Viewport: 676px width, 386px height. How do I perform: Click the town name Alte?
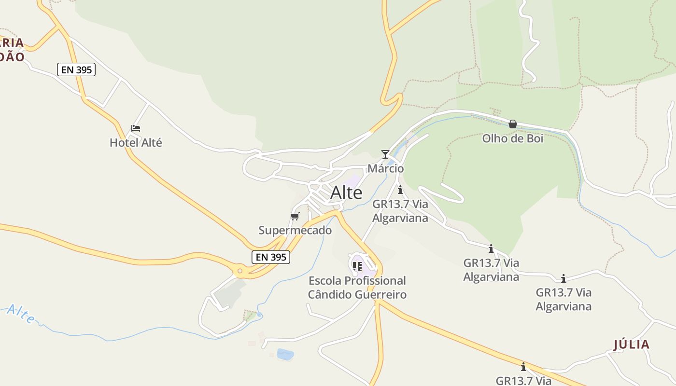tap(346, 193)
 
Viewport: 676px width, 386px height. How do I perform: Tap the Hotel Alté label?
tap(136, 142)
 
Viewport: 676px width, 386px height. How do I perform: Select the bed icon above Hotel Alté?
tap(136, 128)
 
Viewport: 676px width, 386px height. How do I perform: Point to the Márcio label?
tap(386, 168)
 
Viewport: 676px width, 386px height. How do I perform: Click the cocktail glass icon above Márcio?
tap(385, 154)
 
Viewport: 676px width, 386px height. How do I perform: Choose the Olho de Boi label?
tap(512, 138)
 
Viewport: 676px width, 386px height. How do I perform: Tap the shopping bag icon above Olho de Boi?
tap(512, 124)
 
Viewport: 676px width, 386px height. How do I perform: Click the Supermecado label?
tap(295, 230)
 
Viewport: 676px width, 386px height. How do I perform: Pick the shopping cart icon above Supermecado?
tap(295, 216)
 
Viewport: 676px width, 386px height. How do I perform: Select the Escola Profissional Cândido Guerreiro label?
tap(357, 287)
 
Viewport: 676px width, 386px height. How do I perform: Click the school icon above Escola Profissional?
tap(357, 266)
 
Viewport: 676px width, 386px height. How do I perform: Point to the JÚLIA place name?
tap(631, 345)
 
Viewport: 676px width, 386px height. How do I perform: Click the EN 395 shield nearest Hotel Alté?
tap(76, 69)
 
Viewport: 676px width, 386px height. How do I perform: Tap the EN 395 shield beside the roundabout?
tap(271, 257)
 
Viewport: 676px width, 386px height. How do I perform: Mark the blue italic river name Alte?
tap(21, 314)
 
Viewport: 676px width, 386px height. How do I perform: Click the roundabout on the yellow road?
tap(239, 271)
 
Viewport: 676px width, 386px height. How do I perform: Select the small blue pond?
tap(285, 355)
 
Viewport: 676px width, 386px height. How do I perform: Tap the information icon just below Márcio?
tap(400, 190)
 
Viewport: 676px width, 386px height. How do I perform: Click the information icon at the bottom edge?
tap(523, 367)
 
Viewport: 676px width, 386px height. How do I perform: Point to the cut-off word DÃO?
tap(12, 57)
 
